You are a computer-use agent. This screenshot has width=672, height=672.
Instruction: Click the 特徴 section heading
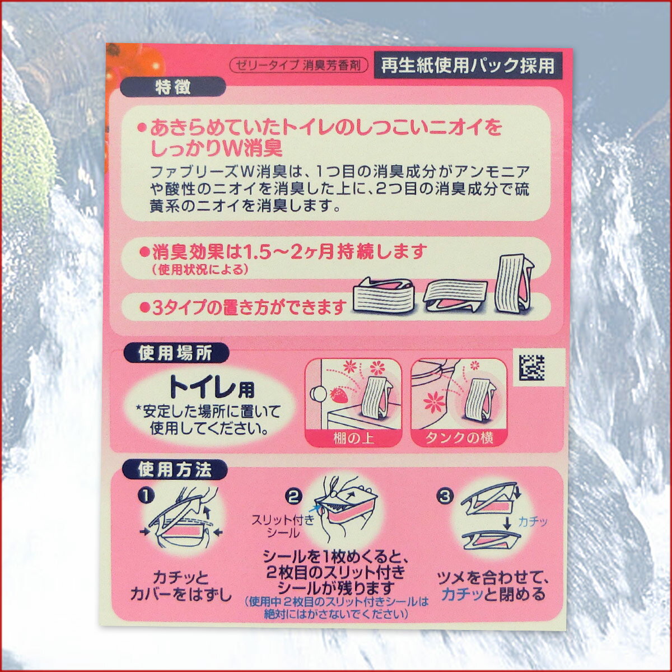172,87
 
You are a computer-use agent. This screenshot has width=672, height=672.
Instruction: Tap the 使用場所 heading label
176,353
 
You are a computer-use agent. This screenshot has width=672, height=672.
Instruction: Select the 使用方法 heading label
175,470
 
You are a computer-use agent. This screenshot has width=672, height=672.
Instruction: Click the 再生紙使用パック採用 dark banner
468,65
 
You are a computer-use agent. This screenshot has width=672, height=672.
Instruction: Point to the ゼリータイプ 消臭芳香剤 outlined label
299,65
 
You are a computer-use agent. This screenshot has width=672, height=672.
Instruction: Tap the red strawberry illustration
338,395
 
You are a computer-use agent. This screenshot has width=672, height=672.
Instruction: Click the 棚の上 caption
354,438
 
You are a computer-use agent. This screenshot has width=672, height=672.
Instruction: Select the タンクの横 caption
459,438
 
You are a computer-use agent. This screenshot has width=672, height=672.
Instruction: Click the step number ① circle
146,496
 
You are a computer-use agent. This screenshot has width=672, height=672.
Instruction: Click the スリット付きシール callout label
283,526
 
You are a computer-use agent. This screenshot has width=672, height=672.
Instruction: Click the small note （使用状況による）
200,269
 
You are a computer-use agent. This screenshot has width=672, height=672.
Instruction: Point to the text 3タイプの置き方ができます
243,307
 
